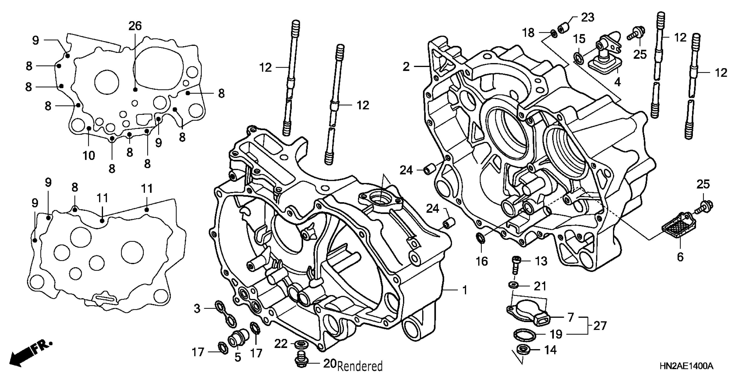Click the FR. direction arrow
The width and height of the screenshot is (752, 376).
point(29,355)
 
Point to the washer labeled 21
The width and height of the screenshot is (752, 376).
point(514,285)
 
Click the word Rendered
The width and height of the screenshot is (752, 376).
point(360,366)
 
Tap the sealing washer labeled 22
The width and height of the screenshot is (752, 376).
point(300,344)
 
